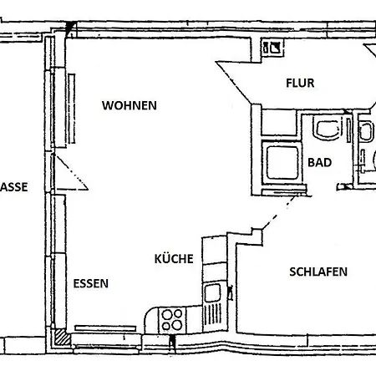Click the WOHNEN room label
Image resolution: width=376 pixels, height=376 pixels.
coord(130,105)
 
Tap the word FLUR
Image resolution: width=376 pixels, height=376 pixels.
coord(300,83)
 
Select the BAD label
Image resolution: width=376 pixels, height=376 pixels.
coord(319,162)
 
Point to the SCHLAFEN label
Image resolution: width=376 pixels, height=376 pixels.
coord(318,272)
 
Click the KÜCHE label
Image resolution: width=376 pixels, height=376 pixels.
coord(174,259)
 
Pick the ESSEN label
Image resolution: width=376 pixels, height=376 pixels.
coord(91,283)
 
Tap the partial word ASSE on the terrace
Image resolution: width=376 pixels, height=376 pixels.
coord(14,187)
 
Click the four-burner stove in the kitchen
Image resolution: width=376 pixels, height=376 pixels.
coord(172,320)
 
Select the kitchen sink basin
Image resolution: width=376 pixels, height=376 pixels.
coord(212,292)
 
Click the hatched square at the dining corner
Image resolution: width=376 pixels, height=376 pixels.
coord(62,337)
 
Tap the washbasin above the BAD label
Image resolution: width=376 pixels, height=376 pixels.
coord(328,128)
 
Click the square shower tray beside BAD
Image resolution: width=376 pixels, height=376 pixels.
coord(282,163)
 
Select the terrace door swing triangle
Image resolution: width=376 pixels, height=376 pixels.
coord(71,173)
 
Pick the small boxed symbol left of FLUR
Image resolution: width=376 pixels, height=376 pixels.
coord(272,48)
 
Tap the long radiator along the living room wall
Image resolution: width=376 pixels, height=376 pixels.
coord(72,109)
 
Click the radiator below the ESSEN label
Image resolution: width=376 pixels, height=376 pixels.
coord(105,328)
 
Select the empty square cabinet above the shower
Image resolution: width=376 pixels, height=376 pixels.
coord(279,123)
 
